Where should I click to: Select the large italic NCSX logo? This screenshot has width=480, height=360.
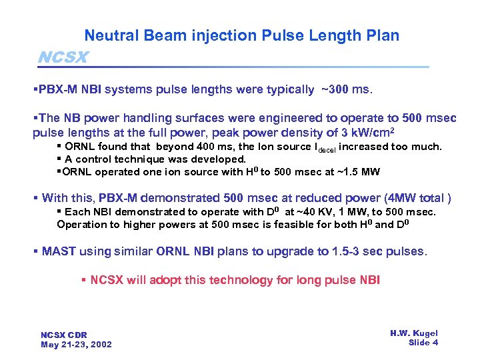63,57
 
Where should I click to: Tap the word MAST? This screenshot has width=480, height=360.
58,251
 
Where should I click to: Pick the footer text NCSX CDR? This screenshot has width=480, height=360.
64,335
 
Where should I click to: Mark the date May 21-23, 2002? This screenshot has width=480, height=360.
76,345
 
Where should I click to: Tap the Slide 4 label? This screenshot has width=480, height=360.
423,343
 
